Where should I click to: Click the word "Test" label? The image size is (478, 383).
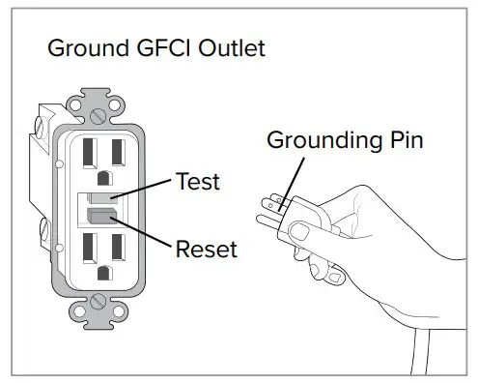(197, 181)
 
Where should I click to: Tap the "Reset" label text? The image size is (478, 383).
(205, 250)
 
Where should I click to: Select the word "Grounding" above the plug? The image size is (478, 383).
(317, 141)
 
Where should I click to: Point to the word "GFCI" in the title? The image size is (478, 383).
(157, 48)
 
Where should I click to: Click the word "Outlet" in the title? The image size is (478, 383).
(229, 48)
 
